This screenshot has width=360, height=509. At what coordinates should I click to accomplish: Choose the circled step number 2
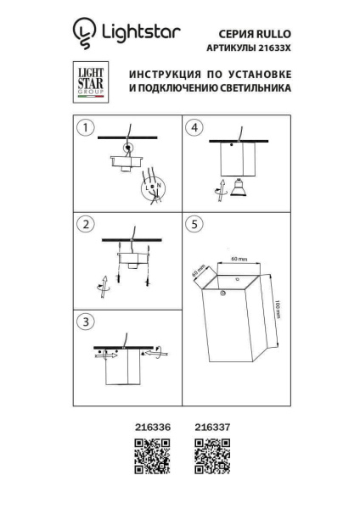point(85,225)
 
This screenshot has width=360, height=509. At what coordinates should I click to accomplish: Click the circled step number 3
point(85,322)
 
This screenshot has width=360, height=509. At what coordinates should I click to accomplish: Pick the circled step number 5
point(196,225)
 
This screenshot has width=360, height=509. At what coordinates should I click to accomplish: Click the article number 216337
point(212,428)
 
